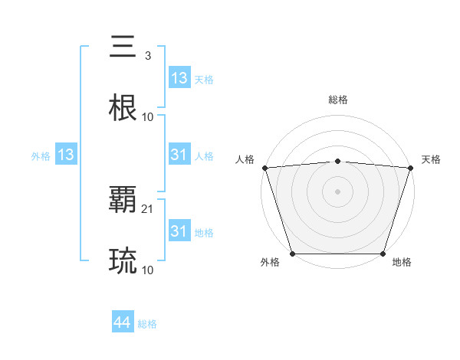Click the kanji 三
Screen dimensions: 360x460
[123, 47]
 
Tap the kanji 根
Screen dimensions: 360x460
[123, 108]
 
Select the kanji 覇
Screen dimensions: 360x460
[123, 201]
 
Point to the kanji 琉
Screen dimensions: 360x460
[123, 261]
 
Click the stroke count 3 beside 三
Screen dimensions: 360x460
[147, 56]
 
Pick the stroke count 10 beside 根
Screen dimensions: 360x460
[148, 117]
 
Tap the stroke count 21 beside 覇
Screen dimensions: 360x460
[148, 209]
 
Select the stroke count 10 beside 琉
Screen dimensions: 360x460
[148, 270]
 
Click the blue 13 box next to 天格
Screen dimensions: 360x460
[179, 78]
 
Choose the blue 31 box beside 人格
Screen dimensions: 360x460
[179, 155]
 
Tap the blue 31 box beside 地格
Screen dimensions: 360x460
[179, 231]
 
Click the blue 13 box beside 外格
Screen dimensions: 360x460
[66, 155]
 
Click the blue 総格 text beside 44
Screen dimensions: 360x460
[147, 324]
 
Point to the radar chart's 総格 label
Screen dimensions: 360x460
[337, 100]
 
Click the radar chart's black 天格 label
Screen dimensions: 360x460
[431, 159]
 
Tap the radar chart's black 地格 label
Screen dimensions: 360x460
[402, 262]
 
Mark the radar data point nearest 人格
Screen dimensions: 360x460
[264, 168]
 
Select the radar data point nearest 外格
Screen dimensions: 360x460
[292, 254]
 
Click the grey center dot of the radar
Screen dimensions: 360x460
[337, 191]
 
